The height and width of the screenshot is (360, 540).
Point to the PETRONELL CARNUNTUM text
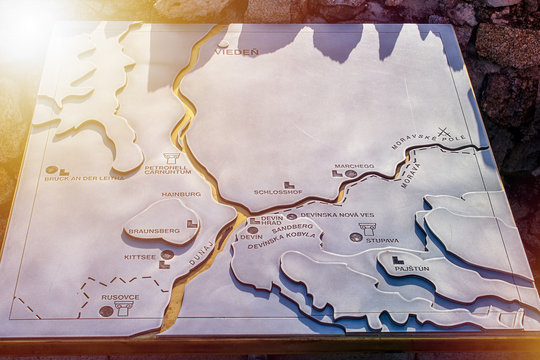[x=166, y=170]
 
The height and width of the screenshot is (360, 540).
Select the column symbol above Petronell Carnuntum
[x=172, y=157]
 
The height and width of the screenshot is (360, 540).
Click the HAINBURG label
[x=181, y=194]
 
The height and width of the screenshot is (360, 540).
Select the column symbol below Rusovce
[x=125, y=309]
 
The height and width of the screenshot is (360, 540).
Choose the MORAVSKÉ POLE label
[x=416, y=145]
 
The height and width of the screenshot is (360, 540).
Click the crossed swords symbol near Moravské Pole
[x=443, y=133]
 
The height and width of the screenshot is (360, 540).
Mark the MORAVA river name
[x=411, y=175]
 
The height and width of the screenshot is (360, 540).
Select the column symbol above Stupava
[x=367, y=229]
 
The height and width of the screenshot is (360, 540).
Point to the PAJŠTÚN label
[x=410, y=268]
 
